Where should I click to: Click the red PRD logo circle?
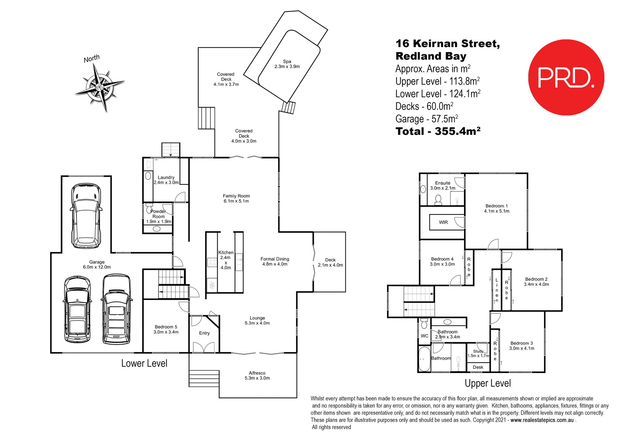tap(566, 78)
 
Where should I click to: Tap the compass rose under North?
tap(100, 87)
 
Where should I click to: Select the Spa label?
tap(287, 62)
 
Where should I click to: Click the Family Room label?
tap(236, 196)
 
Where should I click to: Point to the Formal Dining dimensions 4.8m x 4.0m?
tap(275, 264)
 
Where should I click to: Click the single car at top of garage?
tap(86, 216)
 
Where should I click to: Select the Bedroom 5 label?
tap(166, 327)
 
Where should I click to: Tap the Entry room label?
tap(204, 333)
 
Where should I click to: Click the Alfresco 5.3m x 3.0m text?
tap(257, 376)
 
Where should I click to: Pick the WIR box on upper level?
tap(443, 222)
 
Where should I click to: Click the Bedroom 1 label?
tap(497, 206)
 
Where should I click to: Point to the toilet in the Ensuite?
tap(438, 200)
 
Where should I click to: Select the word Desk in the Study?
tap(478, 367)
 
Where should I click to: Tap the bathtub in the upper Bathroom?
tap(425, 359)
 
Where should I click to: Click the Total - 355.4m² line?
tap(438, 131)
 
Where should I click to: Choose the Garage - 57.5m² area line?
tap(427, 119)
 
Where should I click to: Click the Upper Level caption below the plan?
tap(487, 383)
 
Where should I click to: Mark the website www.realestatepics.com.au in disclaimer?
tap(542, 420)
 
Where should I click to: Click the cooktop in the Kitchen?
tap(212, 262)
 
